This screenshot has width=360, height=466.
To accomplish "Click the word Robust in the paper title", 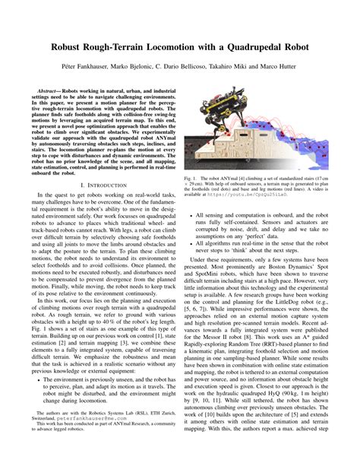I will [x=74, y=46].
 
